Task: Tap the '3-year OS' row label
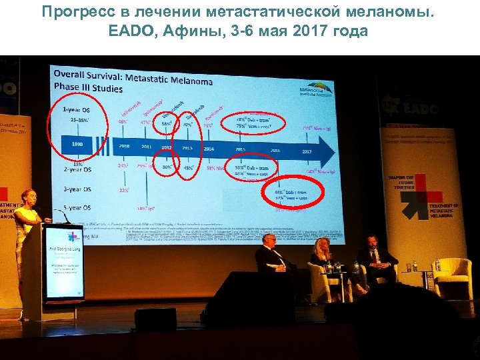pyautogui.click(x=77, y=189)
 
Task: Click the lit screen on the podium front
pyautogui.click(x=64, y=263)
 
